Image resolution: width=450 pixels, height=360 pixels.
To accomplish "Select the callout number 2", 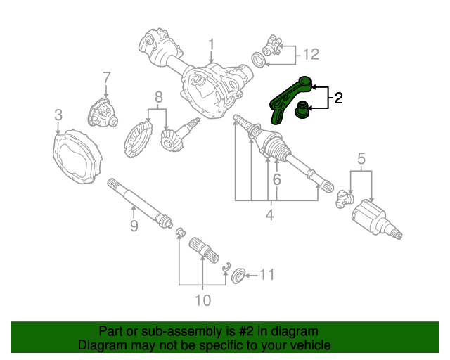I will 338,98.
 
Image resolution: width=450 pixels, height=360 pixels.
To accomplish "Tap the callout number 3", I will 58,115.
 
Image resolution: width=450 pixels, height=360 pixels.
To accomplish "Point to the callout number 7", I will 106,77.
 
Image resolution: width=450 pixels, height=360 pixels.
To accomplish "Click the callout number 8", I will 159,96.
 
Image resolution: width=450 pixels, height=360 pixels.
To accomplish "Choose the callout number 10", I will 202,301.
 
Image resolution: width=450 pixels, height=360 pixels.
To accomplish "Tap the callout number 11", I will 266,274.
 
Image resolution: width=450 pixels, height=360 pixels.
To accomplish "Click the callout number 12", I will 311,53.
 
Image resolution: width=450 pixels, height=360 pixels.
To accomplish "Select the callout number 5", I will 361,158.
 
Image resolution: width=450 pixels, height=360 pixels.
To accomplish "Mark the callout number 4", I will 269,216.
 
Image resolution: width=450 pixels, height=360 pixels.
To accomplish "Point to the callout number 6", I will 276,180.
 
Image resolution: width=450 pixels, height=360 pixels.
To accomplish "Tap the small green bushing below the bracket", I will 302,111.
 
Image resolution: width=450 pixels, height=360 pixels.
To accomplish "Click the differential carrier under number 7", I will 103,111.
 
